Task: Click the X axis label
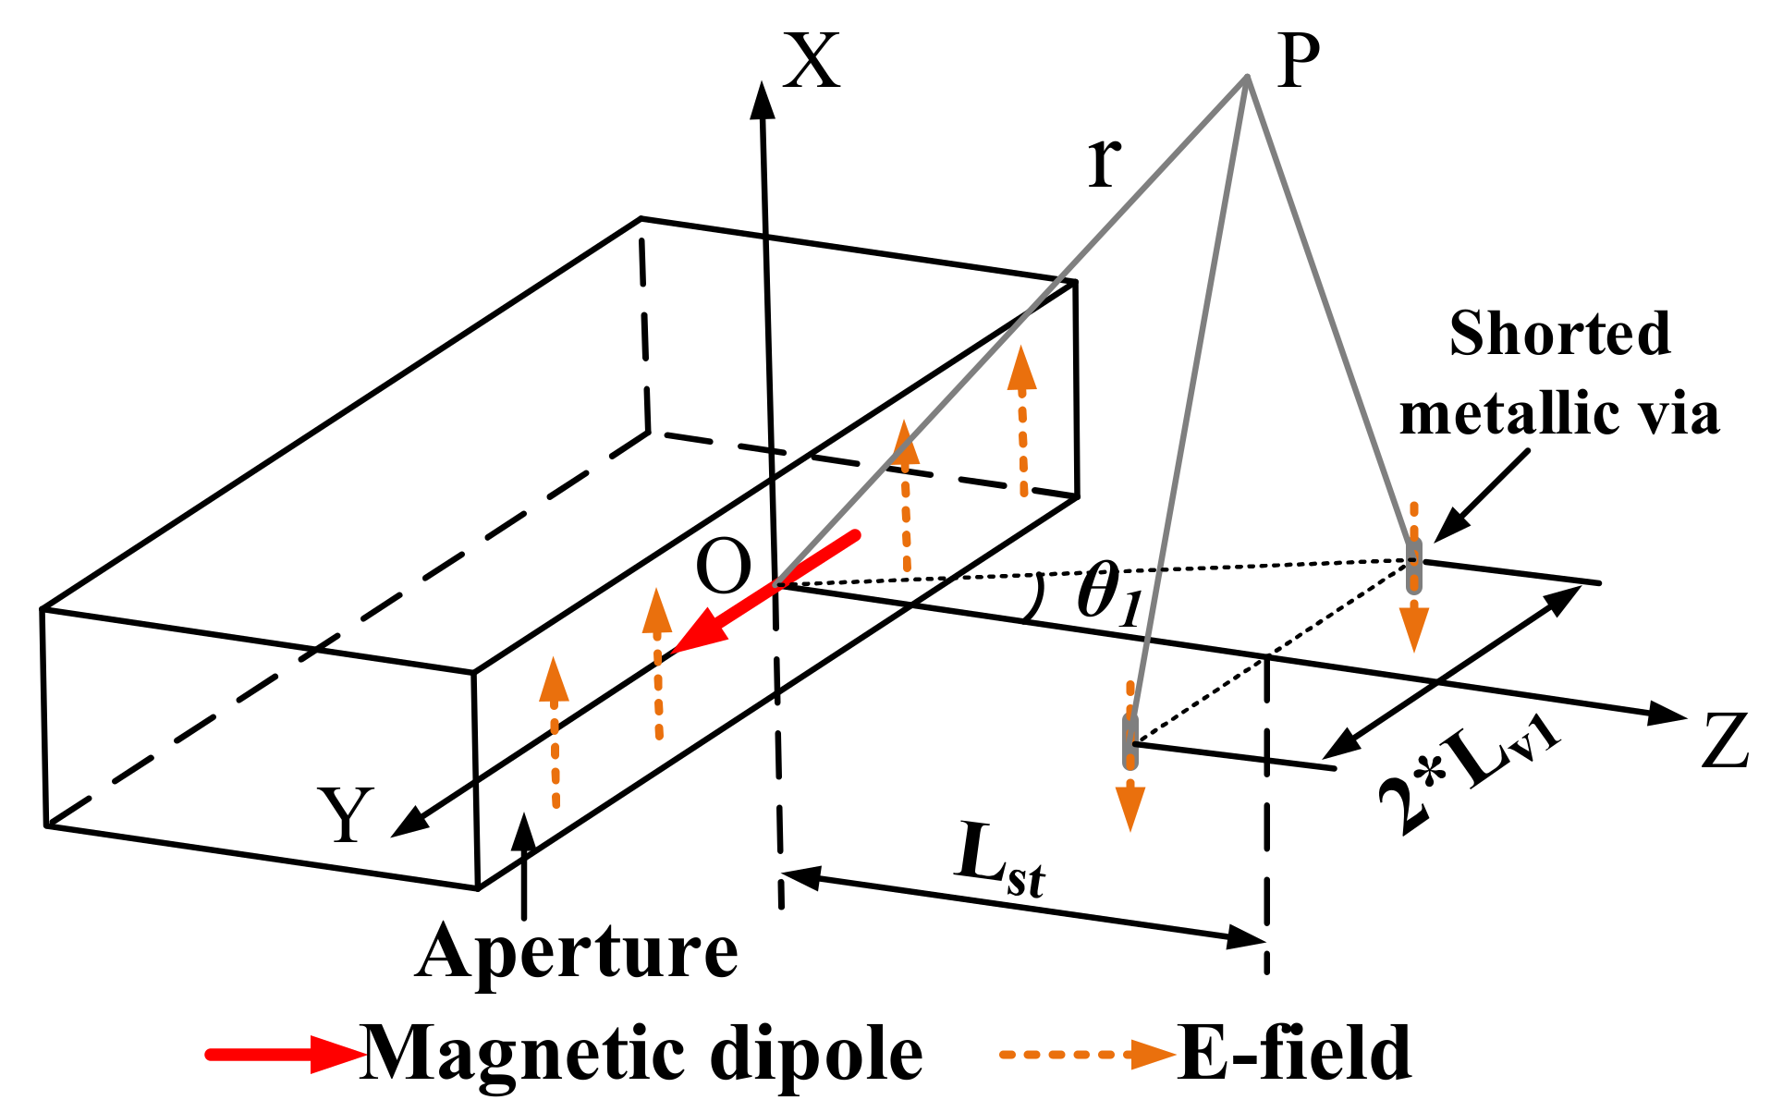pyautogui.click(x=812, y=61)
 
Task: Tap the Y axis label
pyautogui.click(x=346, y=815)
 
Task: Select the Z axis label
pyautogui.click(x=1725, y=741)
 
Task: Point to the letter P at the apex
pyautogui.click(x=1298, y=61)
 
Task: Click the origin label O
pyautogui.click(x=723, y=568)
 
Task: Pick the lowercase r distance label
pyautogui.click(x=1105, y=163)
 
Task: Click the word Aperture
pyautogui.click(x=577, y=951)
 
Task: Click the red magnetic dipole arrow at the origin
pyautogui.click(x=767, y=593)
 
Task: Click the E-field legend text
pyautogui.click(x=1294, y=1054)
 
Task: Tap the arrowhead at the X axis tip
pyautogui.click(x=762, y=100)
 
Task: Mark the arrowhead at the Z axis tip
pyautogui.click(x=1667, y=714)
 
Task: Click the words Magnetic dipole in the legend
pyautogui.click(x=641, y=1054)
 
